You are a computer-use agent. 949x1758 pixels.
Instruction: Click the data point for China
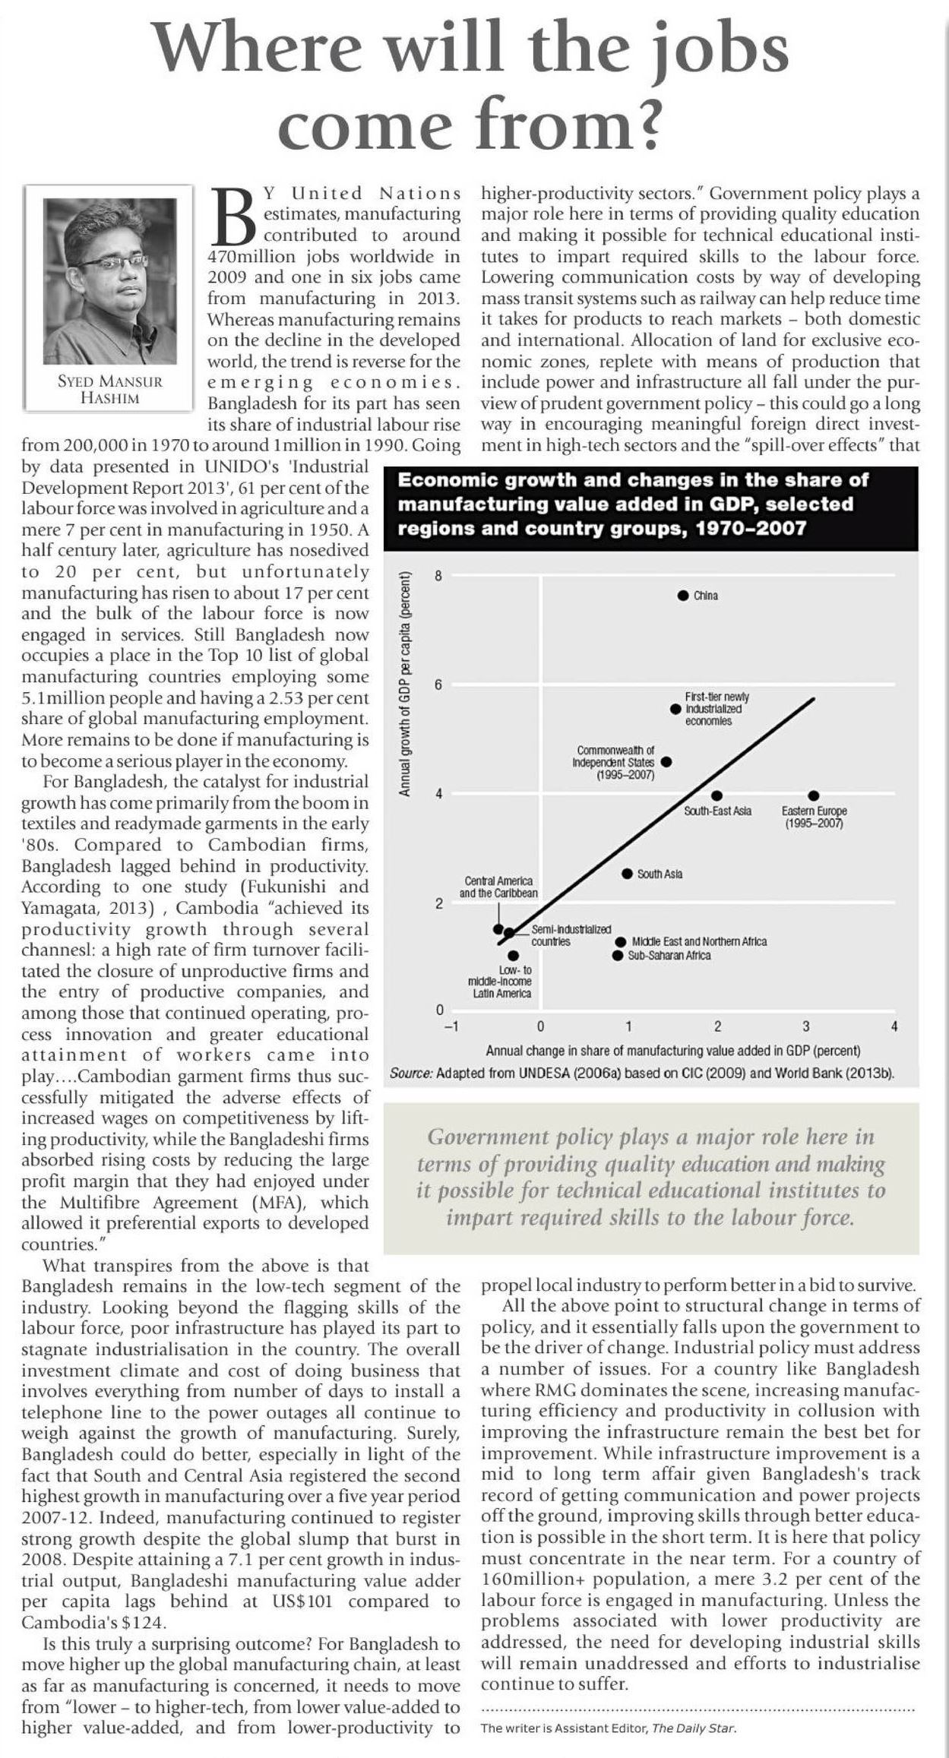683,595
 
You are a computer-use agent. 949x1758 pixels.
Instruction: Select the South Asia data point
627,874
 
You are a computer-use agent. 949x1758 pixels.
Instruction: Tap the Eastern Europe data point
814,795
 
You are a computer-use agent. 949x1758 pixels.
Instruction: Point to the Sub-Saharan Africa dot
618,955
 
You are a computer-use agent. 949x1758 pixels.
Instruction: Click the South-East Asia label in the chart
717,811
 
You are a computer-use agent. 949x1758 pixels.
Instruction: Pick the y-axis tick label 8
438,576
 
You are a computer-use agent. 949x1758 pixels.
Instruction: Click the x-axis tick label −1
451,1026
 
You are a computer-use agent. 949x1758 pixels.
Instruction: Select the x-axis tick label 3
806,1026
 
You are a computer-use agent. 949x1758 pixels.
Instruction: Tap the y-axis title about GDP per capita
406,684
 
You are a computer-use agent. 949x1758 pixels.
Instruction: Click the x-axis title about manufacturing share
672,1051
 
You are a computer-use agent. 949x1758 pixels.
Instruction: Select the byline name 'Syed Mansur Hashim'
110,390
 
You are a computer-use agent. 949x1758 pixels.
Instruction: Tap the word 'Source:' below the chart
411,1073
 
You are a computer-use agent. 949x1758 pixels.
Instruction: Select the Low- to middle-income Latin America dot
514,956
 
